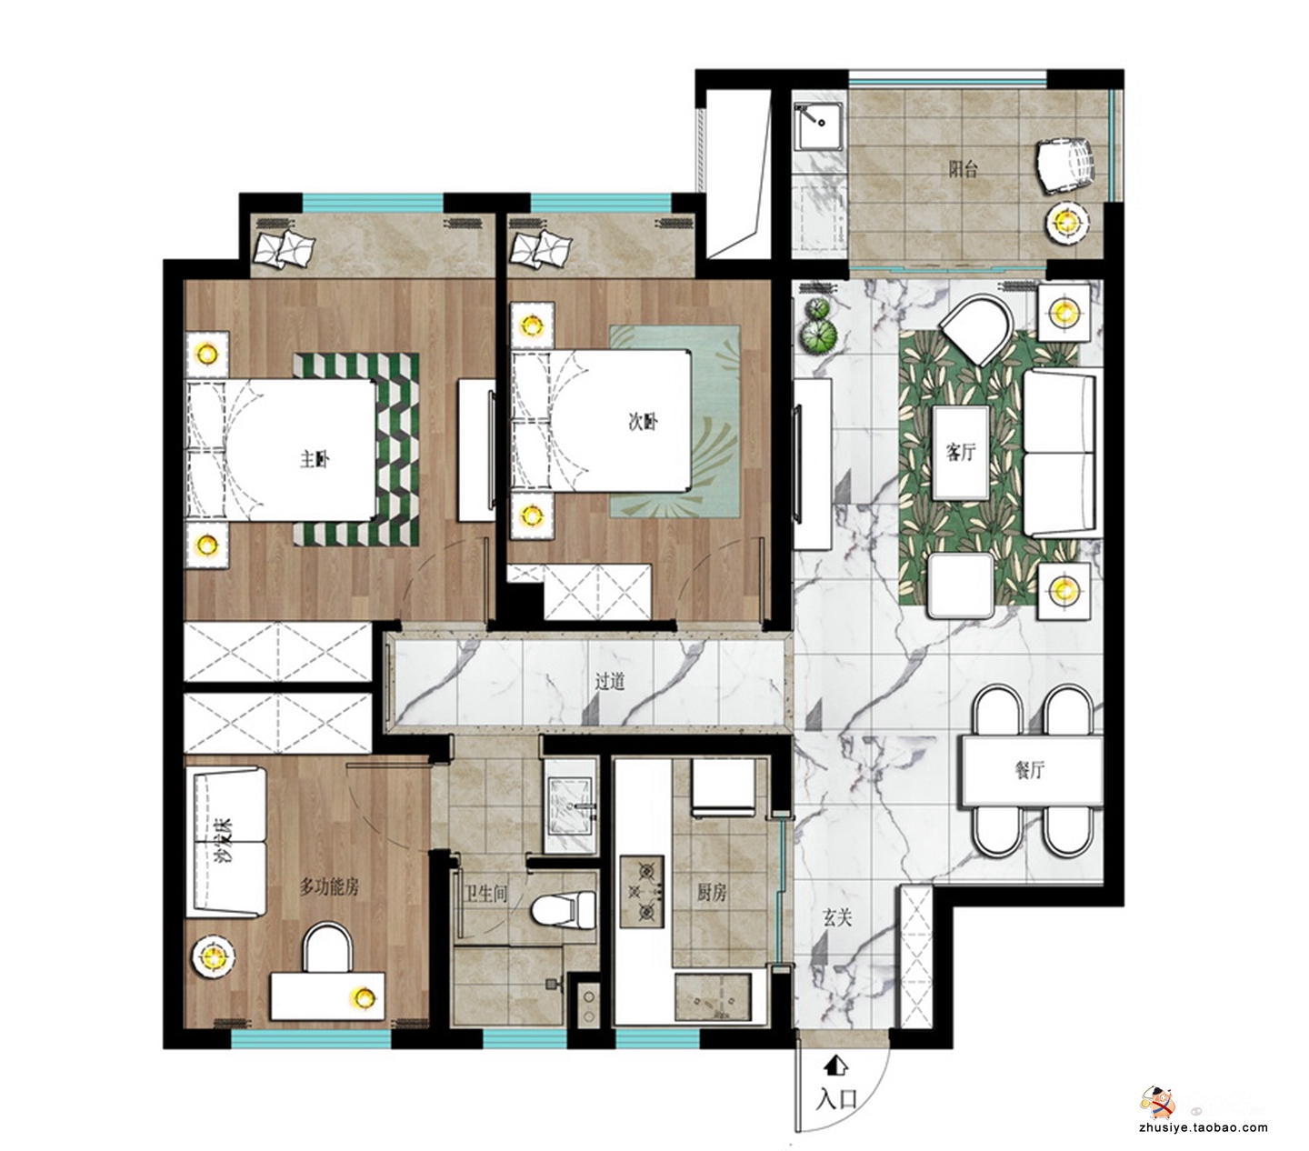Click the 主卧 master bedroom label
pos(315,459)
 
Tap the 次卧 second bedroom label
pos(644,423)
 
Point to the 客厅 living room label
pos(960,453)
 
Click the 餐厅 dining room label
pos(1030,770)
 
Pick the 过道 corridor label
pos(610,681)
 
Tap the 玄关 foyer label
pos(837,917)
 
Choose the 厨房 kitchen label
pos(712,893)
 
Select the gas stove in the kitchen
pos(642,892)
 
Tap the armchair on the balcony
pos(1064,165)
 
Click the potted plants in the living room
pos(819,326)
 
